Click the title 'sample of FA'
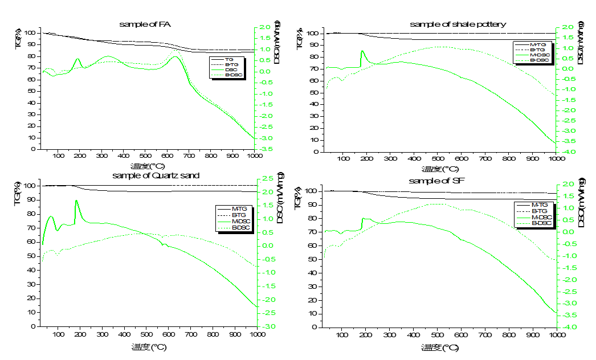click(145, 24)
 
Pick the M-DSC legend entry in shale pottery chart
click(538, 55)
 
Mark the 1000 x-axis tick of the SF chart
click(557, 336)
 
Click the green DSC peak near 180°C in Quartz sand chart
click(76, 201)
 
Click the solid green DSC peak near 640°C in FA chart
click(175, 56)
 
